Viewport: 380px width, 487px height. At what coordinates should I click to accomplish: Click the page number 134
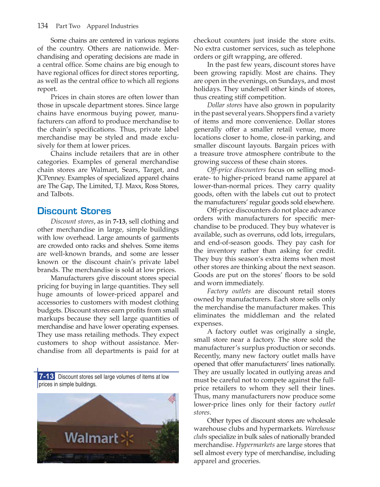43,26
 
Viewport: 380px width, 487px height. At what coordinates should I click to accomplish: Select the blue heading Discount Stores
74,211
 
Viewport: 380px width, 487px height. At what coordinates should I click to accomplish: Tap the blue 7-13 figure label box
46,376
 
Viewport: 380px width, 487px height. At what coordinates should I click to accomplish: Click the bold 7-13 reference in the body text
119,222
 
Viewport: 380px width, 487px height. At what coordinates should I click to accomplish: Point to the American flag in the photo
172,398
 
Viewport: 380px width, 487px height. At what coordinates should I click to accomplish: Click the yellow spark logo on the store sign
128,438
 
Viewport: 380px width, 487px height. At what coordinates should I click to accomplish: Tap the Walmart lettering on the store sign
91,438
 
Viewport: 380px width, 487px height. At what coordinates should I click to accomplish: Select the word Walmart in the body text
105,170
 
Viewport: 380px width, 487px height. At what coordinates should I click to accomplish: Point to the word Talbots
62,194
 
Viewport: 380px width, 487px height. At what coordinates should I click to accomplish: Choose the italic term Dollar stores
225,105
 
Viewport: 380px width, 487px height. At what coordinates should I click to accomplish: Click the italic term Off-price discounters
236,170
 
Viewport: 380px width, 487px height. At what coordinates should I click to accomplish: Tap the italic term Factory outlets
229,291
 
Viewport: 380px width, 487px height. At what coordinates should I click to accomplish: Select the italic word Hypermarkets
255,445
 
